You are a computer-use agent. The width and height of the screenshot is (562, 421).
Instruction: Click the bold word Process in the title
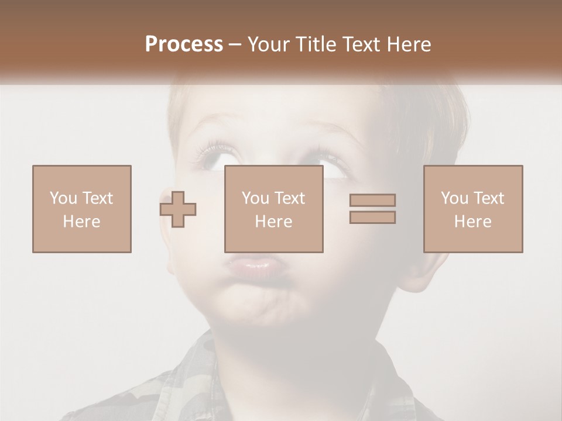pyautogui.click(x=184, y=44)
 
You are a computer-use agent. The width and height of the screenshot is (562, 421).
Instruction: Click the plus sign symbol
pyautogui.click(x=178, y=209)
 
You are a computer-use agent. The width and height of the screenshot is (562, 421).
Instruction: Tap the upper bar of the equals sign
pyautogui.click(x=372, y=200)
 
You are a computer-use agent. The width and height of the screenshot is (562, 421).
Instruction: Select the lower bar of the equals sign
pyautogui.click(x=372, y=218)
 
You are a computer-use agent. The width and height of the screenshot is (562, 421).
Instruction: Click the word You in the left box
pyautogui.click(x=63, y=198)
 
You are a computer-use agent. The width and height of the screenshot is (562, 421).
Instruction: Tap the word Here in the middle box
pyautogui.click(x=274, y=222)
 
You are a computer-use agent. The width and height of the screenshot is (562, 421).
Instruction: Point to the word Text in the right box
pyautogui.click(x=488, y=198)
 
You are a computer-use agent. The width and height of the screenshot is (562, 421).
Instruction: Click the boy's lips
pyautogui.click(x=253, y=268)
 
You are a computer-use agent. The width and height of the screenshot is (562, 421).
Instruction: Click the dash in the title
pyautogui.click(x=235, y=44)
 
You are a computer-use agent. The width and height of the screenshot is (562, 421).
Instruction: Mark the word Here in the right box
pyautogui.click(x=473, y=222)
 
